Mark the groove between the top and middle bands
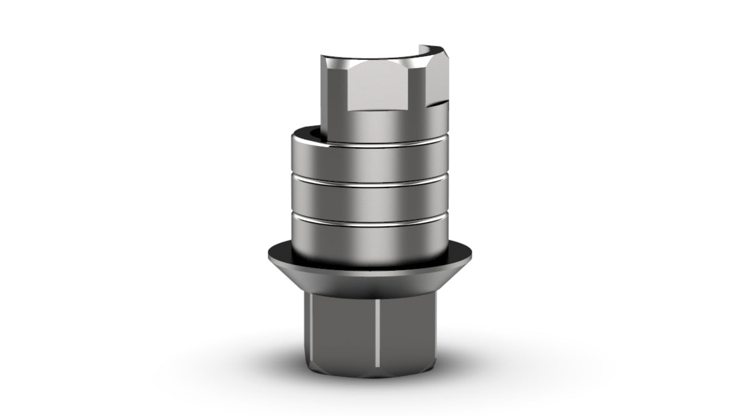[370, 177]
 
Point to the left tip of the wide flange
[269, 252]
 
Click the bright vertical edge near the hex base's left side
[313, 333]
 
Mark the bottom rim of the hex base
[370, 375]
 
